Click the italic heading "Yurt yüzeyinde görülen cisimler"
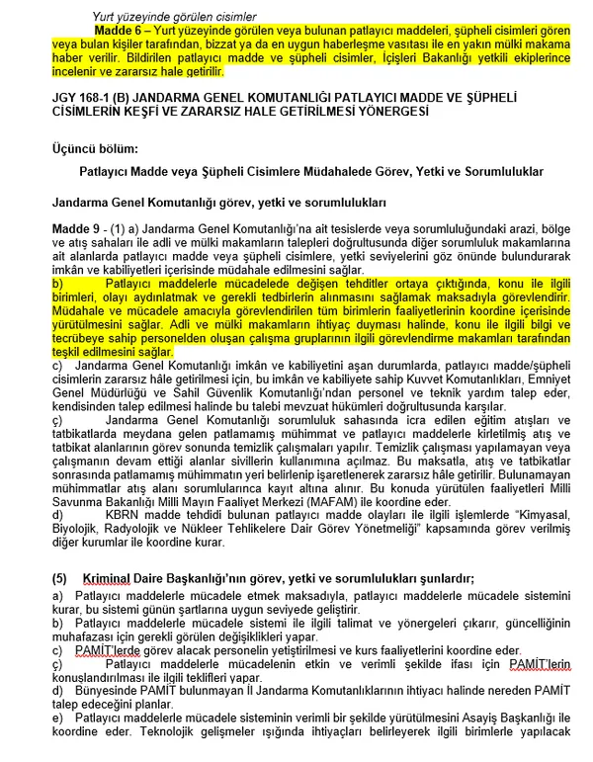pyautogui.click(x=174, y=18)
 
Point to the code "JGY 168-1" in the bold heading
pyautogui.click(x=83, y=100)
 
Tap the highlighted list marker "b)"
pyautogui.click(x=57, y=283)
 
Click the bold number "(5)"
pyautogui.click(x=59, y=577)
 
